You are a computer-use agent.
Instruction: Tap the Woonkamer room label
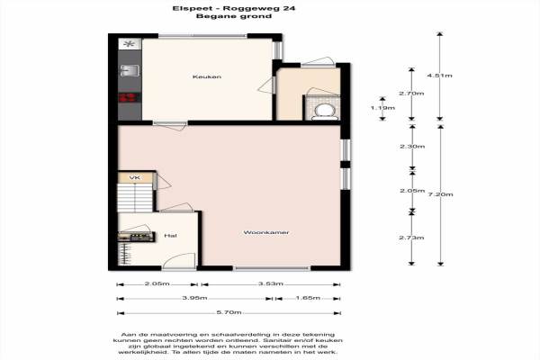point(266,232)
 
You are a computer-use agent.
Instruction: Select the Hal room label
point(170,236)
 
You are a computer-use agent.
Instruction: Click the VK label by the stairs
point(135,178)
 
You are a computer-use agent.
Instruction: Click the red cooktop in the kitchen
point(129,97)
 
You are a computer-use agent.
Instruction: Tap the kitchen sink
point(130,71)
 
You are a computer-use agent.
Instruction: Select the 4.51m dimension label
point(440,76)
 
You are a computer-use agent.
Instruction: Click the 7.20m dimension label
point(440,194)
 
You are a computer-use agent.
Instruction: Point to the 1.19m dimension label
point(382,108)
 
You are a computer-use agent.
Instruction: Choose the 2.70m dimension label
point(411,94)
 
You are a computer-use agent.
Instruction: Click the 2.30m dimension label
point(412,147)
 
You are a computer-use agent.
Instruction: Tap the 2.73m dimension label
point(411,238)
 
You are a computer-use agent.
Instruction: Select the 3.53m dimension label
point(271,283)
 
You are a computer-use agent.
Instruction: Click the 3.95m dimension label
point(194,298)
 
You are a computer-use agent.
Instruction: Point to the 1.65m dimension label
point(308,298)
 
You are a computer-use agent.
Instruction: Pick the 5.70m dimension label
point(229,312)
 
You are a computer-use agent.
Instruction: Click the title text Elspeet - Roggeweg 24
point(234,8)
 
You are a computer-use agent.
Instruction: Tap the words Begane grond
point(234,16)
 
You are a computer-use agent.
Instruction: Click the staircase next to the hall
point(135,198)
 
